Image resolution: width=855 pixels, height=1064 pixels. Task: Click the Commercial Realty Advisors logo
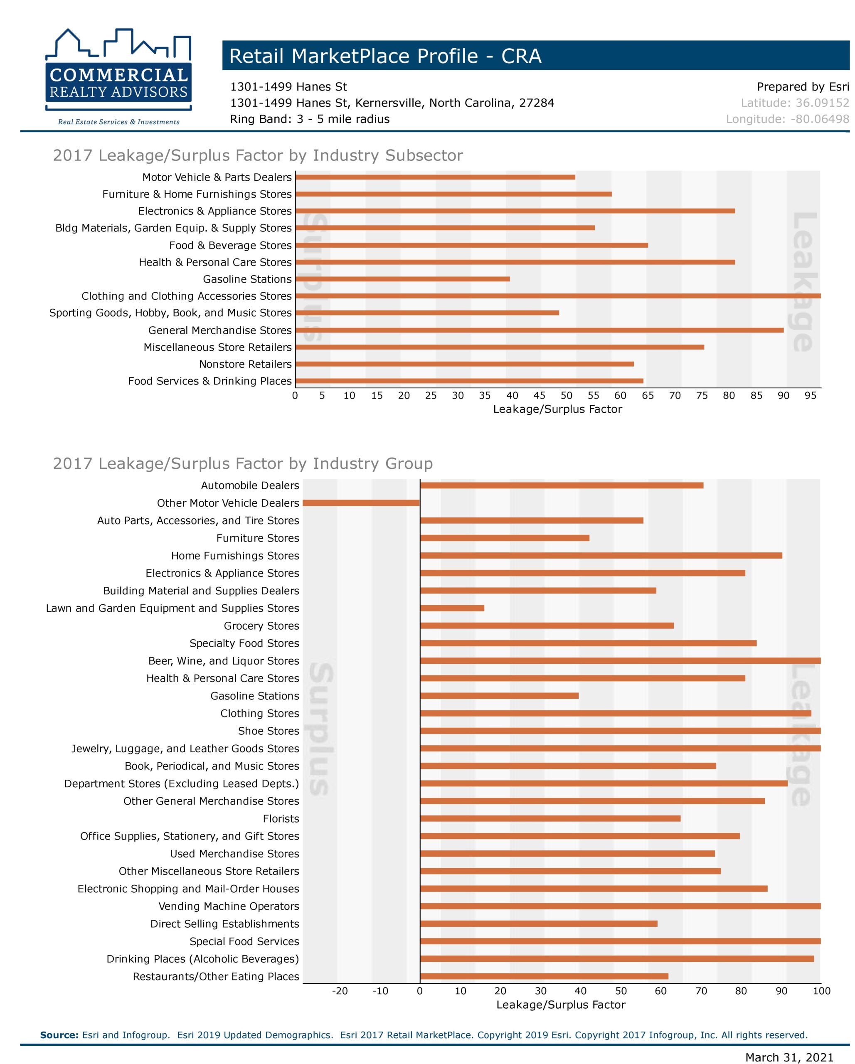coord(118,76)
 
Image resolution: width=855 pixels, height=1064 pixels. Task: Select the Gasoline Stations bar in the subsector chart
coord(402,279)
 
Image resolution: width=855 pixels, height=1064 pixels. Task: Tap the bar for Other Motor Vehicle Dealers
coord(361,503)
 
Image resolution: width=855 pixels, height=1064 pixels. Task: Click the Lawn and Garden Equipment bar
coord(452,608)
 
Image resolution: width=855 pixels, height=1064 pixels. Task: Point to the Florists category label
coord(281,819)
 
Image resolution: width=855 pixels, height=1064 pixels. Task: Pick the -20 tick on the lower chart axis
coord(340,991)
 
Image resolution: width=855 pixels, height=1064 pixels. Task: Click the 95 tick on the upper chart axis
coord(810,395)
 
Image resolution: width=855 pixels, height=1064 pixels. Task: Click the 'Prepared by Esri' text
coord(803,87)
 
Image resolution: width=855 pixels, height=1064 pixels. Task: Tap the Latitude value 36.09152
coord(823,103)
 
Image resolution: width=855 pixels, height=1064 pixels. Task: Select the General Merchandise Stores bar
coord(540,330)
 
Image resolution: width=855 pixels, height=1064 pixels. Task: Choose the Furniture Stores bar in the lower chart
coord(505,538)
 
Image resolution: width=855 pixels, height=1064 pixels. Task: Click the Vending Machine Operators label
coord(229,906)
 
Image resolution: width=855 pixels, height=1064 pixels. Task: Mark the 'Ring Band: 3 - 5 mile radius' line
coord(310,119)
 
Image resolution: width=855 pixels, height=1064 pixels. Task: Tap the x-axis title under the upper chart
coord(557,409)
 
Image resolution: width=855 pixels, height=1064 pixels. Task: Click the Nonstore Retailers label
coord(245,364)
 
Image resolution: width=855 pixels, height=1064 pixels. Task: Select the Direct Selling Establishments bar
coord(539,924)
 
